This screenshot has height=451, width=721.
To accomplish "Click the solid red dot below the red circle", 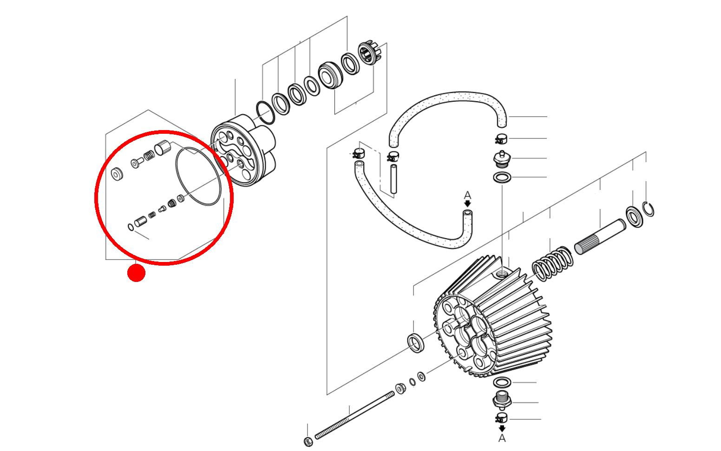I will tap(136, 273).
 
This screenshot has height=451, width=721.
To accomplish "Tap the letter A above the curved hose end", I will tap(467, 195).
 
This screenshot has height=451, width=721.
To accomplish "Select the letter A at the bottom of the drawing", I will tap(502, 438).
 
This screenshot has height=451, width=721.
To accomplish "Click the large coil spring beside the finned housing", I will tap(552, 264).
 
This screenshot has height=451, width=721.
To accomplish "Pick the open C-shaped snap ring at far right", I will tap(649, 209).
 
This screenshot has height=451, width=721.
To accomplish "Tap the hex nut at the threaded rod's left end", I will tap(308, 441).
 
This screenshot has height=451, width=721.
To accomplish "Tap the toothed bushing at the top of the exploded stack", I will tap(369, 53).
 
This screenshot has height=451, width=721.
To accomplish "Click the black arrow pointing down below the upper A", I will tap(467, 204).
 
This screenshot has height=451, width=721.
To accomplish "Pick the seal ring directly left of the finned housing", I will tap(416, 342).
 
